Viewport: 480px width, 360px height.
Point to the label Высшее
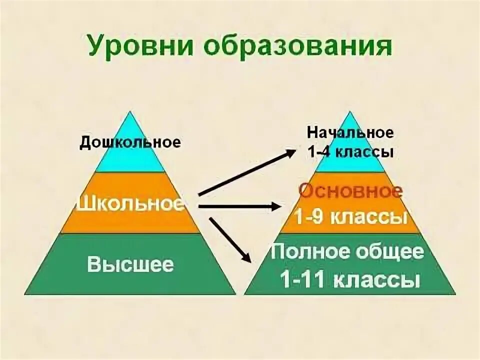(130, 264)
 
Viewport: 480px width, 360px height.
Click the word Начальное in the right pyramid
(350, 133)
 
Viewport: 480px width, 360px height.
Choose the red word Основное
(350, 191)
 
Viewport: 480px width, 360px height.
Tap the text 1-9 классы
(350, 218)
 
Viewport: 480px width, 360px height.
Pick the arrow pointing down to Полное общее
(230, 238)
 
